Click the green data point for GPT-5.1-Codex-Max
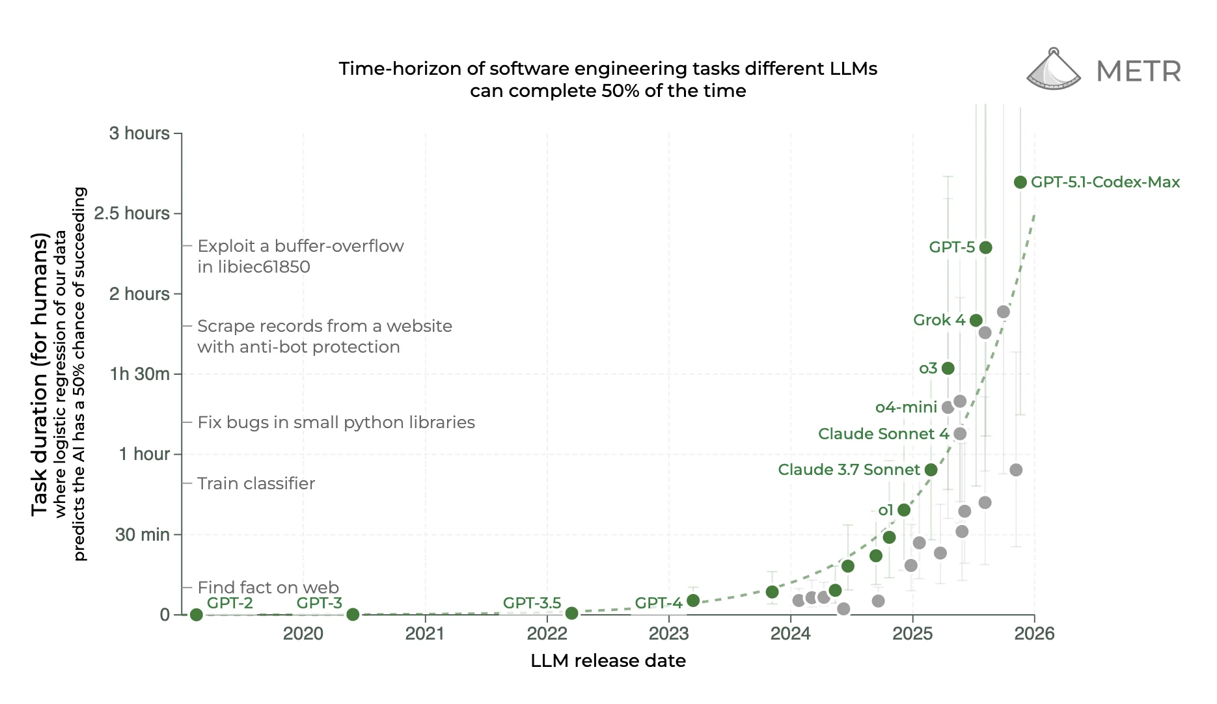[x=1020, y=182]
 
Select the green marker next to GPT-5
[x=985, y=247]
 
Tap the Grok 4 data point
[x=976, y=320]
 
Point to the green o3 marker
[x=948, y=368]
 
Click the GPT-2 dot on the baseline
[x=196, y=614]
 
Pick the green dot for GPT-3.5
[x=571, y=613]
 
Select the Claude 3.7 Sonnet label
[x=849, y=470]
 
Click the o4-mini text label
[x=905, y=407]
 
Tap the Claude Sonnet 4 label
[x=883, y=434]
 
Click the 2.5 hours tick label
[x=131, y=213]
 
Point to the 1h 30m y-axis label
[x=139, y=374]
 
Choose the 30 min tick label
[x=142, y=535]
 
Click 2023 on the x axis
[x=668, y=634]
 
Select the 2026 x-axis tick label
[x=1034, y=634]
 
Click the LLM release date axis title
[x=608, y=661]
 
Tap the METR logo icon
[x=1053, y=70]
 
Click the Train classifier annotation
[x=256, y=483]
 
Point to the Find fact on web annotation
[x=268, y=588]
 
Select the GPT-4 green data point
[x=693, y=601]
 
